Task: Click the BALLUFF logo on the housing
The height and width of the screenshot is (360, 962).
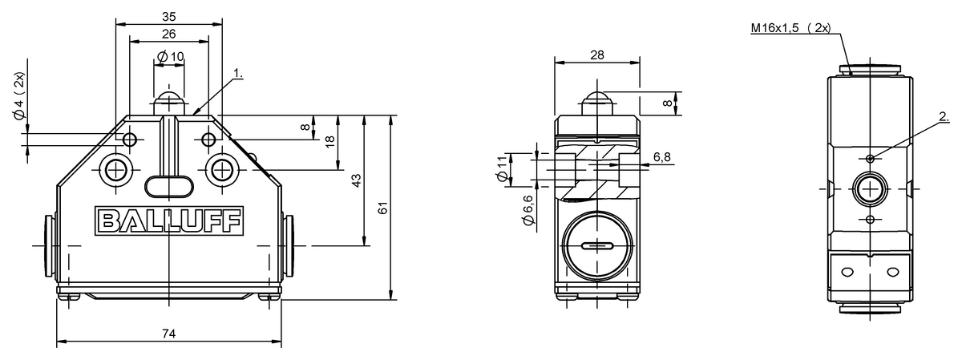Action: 169,220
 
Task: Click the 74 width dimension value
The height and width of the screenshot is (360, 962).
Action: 169,334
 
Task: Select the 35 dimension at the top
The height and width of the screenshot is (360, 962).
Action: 169,17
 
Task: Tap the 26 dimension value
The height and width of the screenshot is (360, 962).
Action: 169,34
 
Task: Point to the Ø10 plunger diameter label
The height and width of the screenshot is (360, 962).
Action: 171,57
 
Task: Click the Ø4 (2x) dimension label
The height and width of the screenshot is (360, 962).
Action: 19,96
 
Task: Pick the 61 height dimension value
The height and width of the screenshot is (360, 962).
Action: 383,208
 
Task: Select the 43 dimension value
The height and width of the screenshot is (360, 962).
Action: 357,180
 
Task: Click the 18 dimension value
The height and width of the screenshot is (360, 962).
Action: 329,142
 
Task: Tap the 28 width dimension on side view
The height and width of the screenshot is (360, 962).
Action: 597,55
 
